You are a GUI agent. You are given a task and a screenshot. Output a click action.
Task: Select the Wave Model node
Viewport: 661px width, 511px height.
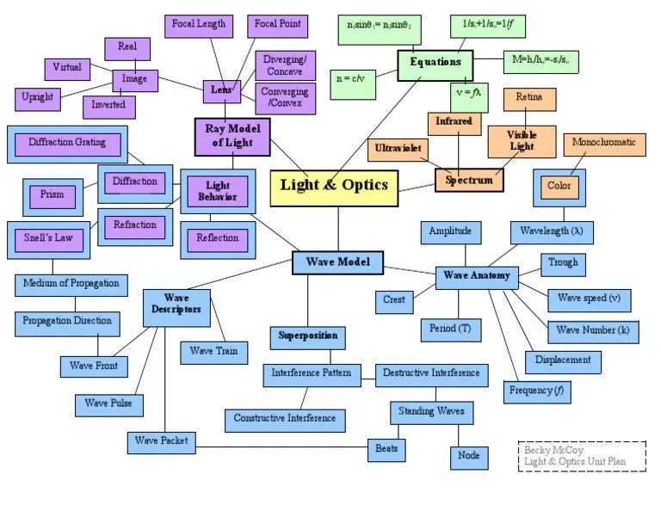tap(337, 262)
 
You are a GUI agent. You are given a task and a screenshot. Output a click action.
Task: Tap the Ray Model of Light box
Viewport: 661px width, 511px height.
tap(232, 135)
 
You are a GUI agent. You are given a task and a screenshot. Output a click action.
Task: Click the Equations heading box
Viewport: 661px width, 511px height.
tap(435, 64)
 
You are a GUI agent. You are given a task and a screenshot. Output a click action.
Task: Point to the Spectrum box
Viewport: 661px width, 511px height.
tap(469, 180)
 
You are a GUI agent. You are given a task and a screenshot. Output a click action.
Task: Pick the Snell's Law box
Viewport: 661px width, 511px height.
tap(48, 238)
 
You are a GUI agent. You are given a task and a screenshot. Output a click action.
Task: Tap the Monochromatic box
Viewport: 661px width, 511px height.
tap(603, 143)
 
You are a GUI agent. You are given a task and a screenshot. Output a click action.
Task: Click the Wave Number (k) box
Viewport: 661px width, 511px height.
tap(592, 330)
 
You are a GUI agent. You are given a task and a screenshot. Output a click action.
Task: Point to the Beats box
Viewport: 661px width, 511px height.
tap(386, 449)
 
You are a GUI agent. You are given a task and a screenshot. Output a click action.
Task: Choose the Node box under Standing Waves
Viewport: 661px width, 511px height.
tap(469, 456)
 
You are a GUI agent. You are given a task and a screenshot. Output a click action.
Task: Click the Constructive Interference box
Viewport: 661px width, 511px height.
tap(286, 420)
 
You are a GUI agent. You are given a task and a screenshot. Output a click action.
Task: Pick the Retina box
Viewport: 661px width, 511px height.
tap(528, 98)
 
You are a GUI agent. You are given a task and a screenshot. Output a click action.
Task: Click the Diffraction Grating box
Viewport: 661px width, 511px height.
tap(67, 143)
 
